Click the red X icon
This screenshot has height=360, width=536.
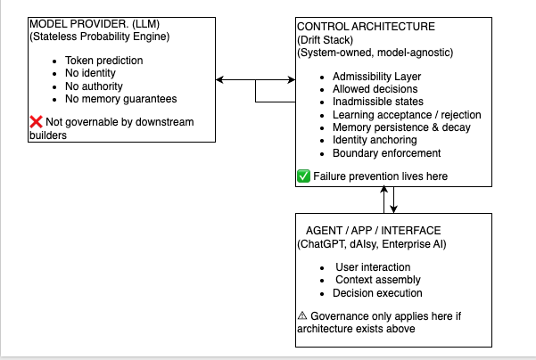pos(36,122)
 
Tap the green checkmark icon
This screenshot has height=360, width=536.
pos(303,176)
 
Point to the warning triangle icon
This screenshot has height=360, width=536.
pos(302,315)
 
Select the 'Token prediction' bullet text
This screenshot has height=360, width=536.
pos(104,61)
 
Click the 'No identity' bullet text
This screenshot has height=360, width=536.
pos(90,73)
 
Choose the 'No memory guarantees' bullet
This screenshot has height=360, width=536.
pos(121,99)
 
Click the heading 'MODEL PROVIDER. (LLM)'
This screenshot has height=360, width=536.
pos(95,24)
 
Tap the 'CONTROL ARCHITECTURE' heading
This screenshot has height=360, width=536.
pos(366,27)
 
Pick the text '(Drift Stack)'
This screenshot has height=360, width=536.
pos(326,40)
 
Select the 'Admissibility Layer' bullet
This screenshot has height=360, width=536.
pos(376,77)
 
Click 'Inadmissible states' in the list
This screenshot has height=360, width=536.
pos(378,102)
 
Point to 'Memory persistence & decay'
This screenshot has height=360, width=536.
pos(401,127)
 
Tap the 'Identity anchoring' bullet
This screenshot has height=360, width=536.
pos(375,140)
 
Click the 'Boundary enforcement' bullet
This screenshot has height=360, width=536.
pos(387,153)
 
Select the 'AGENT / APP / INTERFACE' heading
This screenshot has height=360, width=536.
pos(374,231)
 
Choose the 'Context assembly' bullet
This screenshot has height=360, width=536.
pos(378,280)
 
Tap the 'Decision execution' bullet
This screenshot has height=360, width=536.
pos(377,293)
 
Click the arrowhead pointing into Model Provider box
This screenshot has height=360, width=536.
pos(219,80)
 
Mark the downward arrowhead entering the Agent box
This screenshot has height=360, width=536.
pos(394,209)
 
